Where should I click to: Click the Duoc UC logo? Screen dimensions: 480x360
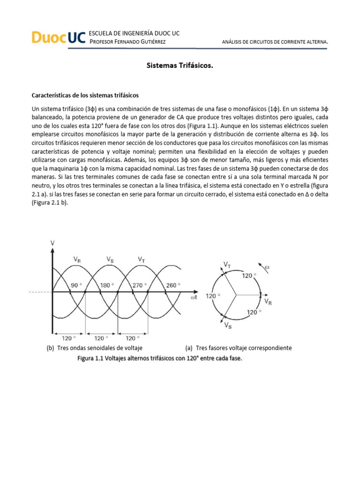[55, 37]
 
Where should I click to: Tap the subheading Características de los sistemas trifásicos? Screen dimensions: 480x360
[85, 95]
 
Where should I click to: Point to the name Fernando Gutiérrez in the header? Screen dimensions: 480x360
[139, 42]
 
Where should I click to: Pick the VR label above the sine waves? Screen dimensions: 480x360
[77, 259]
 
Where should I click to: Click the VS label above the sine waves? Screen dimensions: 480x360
[109, 259]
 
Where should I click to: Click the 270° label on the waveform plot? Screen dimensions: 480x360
[140, 285]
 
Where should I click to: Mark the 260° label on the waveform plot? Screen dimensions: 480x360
[172, 285]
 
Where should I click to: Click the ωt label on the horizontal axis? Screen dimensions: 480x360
[194, 298]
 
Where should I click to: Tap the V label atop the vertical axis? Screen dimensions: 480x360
[52, 243]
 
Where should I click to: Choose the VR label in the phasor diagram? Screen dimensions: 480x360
[268, 301]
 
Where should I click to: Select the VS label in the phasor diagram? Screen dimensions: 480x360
[227, 325]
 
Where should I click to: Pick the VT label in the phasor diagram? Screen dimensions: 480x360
[227, 266]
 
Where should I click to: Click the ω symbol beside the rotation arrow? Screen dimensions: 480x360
[268, 268]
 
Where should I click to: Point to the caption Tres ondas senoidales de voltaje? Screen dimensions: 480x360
[98, 348]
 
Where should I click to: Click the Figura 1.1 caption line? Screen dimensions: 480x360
[161, 358]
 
